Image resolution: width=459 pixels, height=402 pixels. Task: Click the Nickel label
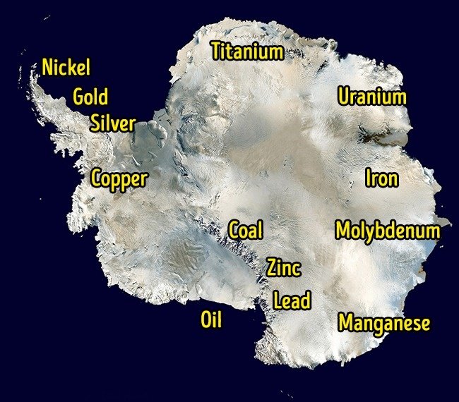[x=66, y=68]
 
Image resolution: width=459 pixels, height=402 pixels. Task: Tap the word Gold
[x=90, y=97]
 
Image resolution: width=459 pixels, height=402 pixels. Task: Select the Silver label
[x=113, y=123]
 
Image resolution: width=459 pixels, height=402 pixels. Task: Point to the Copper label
[x=119, y=178]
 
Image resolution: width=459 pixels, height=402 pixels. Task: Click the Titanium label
[x=247, y=51]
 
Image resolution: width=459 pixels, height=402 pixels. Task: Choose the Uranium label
[x=371, y=97]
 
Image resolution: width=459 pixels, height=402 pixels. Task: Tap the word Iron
[x=381, y=178]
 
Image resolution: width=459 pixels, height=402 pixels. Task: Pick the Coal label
[x=246, y=230]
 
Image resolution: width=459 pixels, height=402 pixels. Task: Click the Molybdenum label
[x=388, y=231]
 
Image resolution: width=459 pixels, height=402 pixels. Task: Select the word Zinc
[x=284, y=268]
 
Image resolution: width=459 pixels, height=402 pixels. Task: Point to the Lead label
[x=292, y=301]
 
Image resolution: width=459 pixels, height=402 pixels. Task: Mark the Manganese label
[x=384, y=324]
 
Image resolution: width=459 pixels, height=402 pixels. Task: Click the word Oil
[x=211, y=320]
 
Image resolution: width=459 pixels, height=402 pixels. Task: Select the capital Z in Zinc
[x=272, y=268]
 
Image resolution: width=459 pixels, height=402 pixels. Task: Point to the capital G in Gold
[x=80, y=97]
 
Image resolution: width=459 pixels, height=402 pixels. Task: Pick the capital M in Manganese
[x=346, y=323]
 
